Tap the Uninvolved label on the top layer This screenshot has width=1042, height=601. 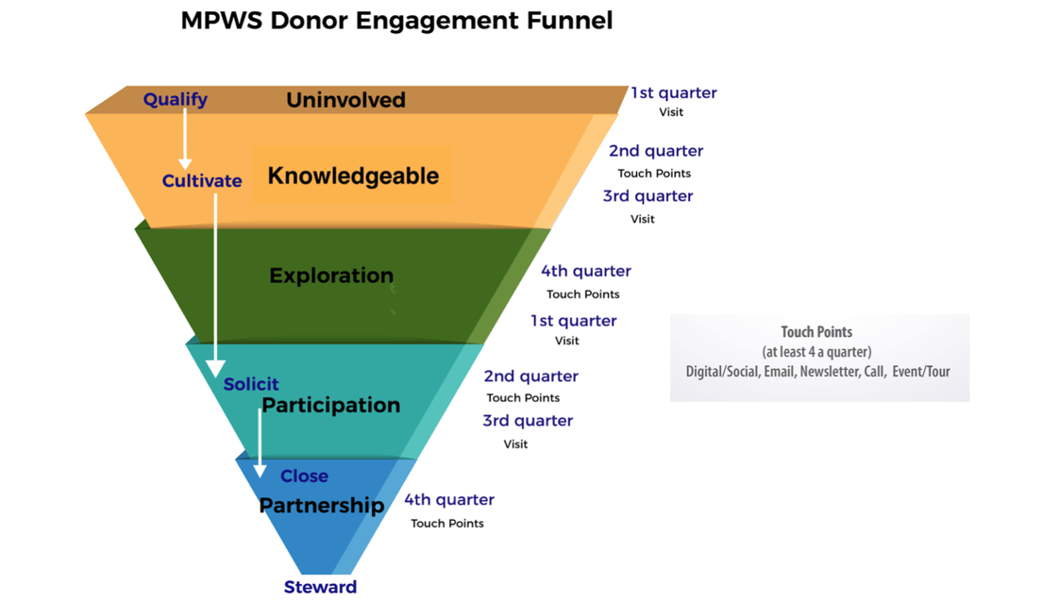click(x=345, y=100)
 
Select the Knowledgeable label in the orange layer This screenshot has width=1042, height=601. click(x=353, y=175)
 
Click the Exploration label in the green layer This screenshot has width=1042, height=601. click(x=331, y=275)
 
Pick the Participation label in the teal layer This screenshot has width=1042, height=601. click(x=330, y=405)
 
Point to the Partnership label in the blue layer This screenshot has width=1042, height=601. click(x=321, y=505)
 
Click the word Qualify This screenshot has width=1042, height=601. click(x=176, y=99)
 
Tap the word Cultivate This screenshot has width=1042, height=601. click(x=202, y=180)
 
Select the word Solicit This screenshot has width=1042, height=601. click(x=251, y=384)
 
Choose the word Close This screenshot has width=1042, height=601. click(x=304, y=476)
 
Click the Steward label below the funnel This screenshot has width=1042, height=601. click(x=320, y=587)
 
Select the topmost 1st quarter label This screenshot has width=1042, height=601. click(x=673, y=92)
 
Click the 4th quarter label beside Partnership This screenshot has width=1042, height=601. click(x=449, y=500)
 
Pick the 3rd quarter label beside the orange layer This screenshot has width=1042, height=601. click(x=647, y=196)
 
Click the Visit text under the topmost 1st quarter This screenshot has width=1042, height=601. click(x=671, y=112)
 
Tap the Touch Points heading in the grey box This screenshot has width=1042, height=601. click(x=816, y=332)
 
